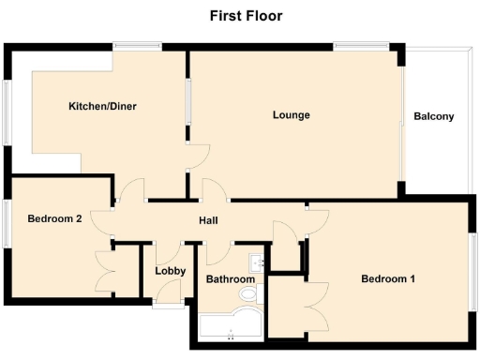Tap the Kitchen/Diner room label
[102, 107]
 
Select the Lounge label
[291, 115]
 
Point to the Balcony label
[433, 117]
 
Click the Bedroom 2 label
[54, 220]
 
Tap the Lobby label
[170, 272]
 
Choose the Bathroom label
[231, 279]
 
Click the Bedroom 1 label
[388, 279]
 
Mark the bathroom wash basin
[256, 262]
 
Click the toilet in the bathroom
[249, 295]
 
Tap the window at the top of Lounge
[361, 44]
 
